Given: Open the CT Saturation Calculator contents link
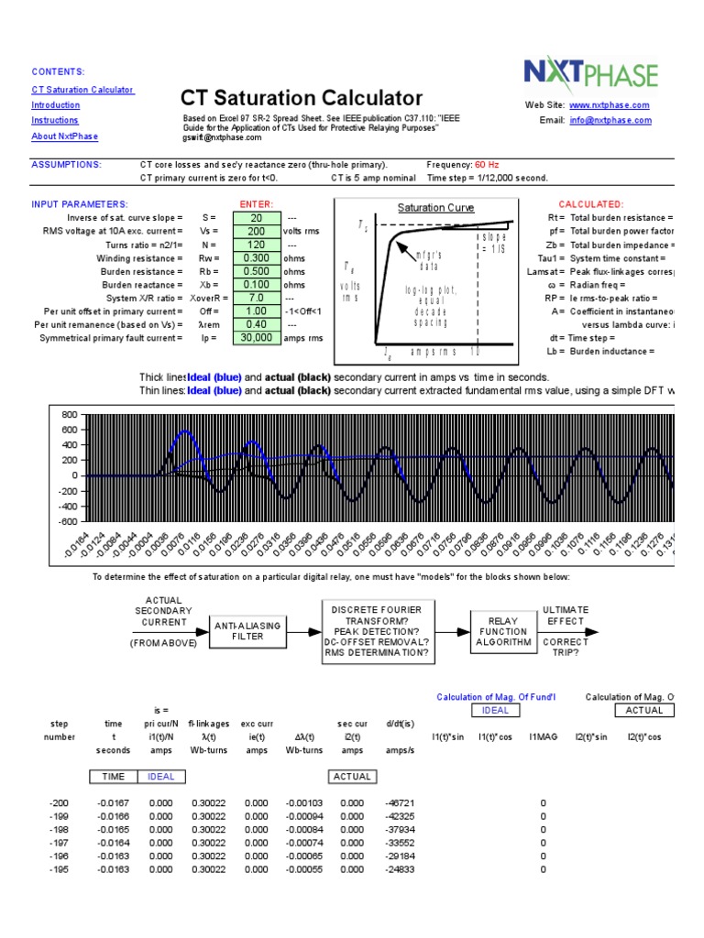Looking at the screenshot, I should (82, 90).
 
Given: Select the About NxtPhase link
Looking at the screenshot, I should (64, 136).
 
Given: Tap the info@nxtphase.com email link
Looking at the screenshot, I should (610, 120).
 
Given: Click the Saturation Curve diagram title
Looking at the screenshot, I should (435, 208).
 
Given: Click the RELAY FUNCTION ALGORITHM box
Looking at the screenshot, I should (503, 631).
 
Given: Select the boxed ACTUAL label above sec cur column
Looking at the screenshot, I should (352, 776).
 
